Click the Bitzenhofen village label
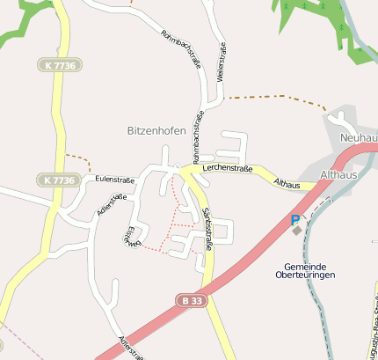pos(156,130)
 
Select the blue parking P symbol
pos(295,220)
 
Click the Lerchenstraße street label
pos(227,166)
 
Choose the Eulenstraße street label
pos(112,178)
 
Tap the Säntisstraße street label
pos(207,228)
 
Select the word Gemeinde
pos(305,267)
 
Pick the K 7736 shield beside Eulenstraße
pos(58,180)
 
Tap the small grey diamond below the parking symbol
pos(297,231)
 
